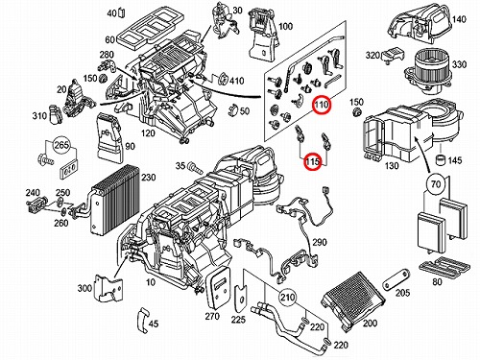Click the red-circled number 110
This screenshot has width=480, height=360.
pyautogui.click(x=322, y=105)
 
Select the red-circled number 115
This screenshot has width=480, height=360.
pyautogui.click(x=313, y=161)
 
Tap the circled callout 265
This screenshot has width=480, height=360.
pyautogui.click(x=61, y=146)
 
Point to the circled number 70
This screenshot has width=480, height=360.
pyautogui.click(x=436, y=183)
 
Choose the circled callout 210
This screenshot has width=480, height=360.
pyautogui.click(x=287, y=298)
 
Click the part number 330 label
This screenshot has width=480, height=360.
pyautogui.click(x=459, y=64)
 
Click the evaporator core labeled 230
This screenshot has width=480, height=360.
pyautogui.click(x=115, y=199)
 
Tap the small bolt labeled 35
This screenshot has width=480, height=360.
pyautogui.click(x=195, y=168)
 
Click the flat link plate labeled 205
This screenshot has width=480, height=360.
pyautogui.click(x=396, y=280)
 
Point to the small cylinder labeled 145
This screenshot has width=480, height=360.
pyautogui.click(x=442, y=159)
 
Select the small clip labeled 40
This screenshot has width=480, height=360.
pyautogui.click(x=122, y=13)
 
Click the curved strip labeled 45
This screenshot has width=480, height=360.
pyautogui.click(x=142, y=321)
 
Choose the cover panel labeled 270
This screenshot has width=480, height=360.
pyautogui.click(x=219, y=287)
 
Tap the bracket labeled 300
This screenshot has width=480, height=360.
pyautogui.click(x=108, y=288)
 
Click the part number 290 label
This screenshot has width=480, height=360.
pyautogui.click(x=320, y=242)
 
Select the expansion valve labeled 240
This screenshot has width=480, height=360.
pyautogui.click(x=36, y=204)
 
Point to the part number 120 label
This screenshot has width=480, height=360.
pyautogui.click(x=148, y=132)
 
